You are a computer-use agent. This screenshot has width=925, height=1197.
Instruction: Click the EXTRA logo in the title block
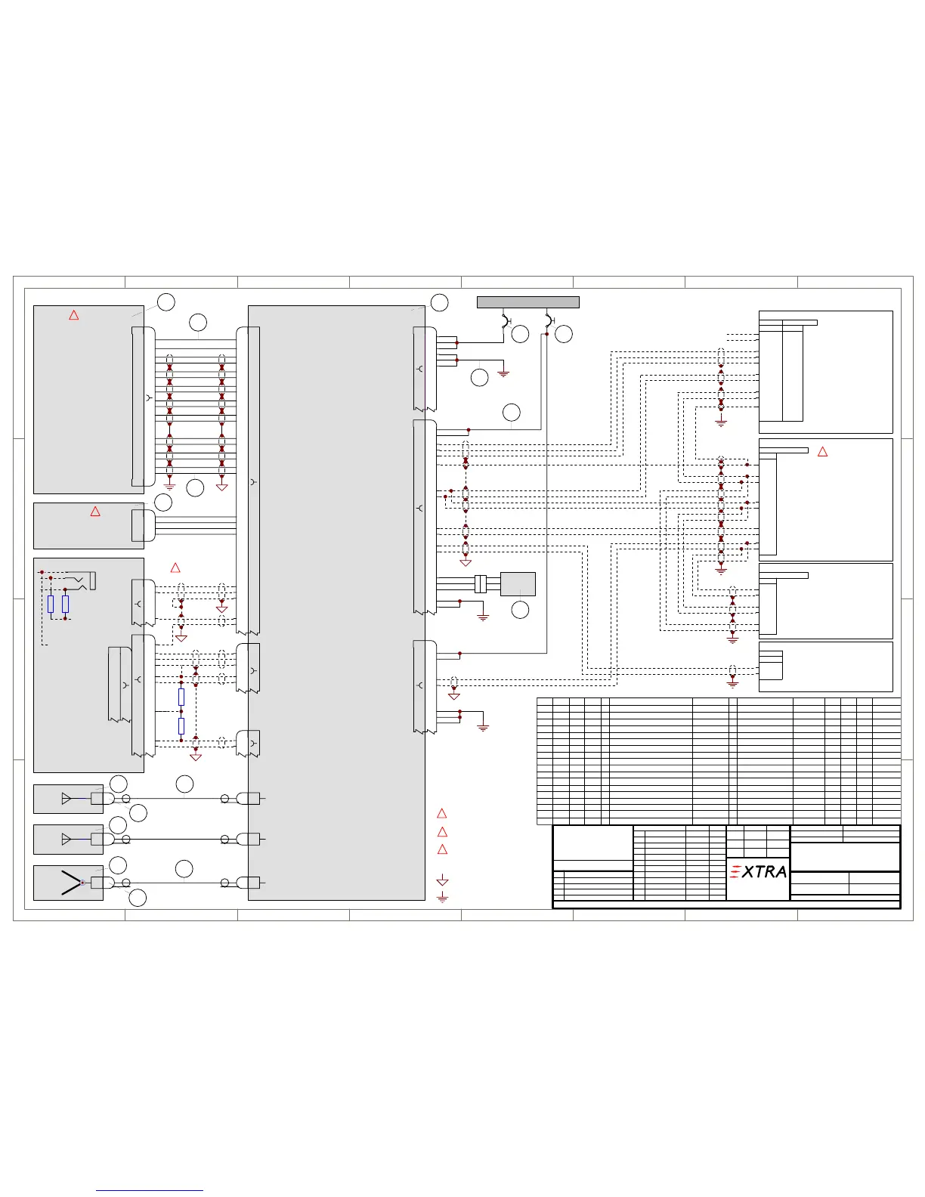(x=759, y=872)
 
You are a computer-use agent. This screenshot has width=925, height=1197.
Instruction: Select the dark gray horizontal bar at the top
(x=527, y=302)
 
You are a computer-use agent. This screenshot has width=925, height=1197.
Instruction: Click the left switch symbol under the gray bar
(x=506, y=321)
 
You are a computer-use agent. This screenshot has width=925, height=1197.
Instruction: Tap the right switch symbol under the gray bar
(x=549, y=321)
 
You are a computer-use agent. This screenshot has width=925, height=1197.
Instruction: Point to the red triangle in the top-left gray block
(x=74, y=315)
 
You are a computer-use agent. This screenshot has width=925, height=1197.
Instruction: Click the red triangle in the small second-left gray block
(x=95, y=512)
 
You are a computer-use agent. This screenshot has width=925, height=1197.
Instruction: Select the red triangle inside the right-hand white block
(x=823, y=452)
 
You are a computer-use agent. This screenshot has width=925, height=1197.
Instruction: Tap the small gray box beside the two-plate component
(x=518, y=584)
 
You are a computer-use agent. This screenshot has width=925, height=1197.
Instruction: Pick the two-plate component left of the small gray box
(x=480, y=584)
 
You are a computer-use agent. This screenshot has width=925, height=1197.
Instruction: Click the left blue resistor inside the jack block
(x=51, y=604)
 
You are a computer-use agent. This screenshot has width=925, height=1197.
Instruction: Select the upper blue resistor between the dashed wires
(x=181, y=697)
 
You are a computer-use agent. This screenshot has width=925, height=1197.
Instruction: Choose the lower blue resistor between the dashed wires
(x=181, y=726)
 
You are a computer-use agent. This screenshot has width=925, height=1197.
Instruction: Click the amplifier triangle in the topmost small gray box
(x=67, y=799)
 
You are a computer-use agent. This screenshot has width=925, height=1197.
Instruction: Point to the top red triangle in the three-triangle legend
(x=443, y=814)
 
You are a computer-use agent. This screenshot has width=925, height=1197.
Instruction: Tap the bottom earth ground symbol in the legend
(x=443, y=898)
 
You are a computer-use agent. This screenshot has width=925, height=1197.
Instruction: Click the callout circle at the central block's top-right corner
(x=439, y=302)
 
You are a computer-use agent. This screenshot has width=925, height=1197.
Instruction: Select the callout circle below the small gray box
(x=520, y=610)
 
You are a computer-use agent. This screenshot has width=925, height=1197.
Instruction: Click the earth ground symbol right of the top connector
(x=504, y=373)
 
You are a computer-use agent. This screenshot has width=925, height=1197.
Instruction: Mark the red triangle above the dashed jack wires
(x=175, y=568)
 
